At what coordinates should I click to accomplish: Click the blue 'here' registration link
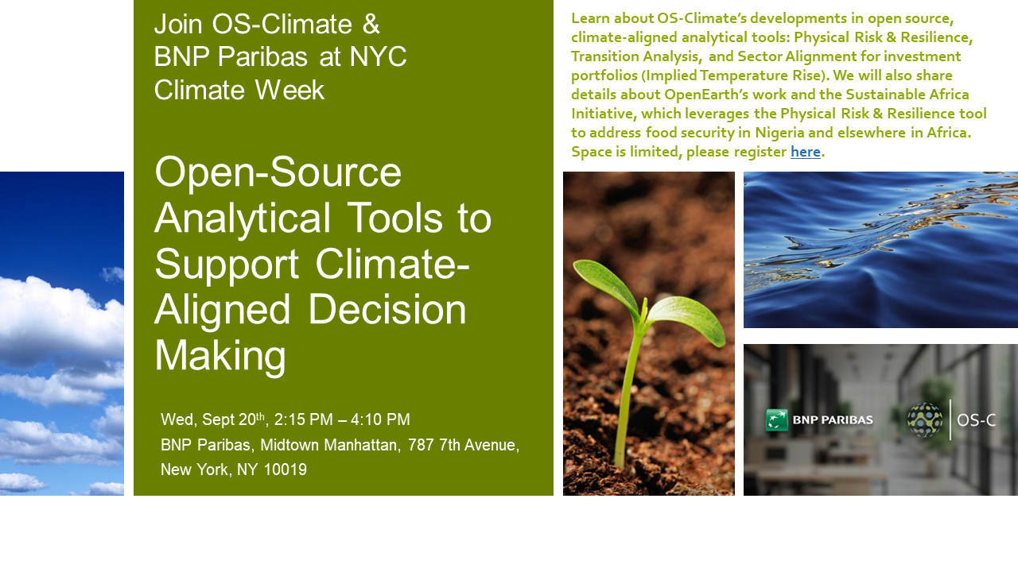coord(806,151)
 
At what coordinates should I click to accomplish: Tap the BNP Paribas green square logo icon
coord(777,419)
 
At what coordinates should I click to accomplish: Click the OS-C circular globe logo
coord(925,420)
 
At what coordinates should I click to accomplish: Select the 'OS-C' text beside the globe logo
coord(976,420)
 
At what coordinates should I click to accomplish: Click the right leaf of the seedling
coord(686,319)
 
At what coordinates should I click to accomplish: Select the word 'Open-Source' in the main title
coord(278,172)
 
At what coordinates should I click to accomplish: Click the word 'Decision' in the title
coord(387,310)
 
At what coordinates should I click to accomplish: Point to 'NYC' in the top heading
coord(378,56)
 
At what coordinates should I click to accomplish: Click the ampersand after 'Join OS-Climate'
coord(371,24)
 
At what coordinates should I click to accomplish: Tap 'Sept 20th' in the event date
coord(233,419)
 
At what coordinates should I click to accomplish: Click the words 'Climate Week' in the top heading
coord(239,90)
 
